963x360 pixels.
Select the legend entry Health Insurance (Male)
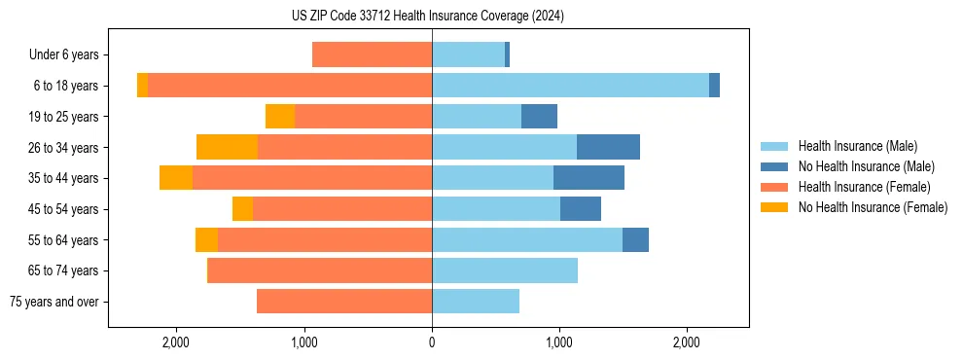(x=857, y=146)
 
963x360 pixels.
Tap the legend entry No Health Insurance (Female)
(x=873, y=207)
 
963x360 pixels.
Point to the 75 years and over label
(x=53, y=302)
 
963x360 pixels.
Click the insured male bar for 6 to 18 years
(x=570, y=86)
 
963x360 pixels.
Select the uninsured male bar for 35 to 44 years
(x=588, y=178)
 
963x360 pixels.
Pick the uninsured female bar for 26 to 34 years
(x=227, y=147)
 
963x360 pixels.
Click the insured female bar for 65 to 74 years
(x=320, y=270)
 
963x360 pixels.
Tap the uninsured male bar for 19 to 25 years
(x=539, y=117)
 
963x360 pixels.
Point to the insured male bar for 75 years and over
(x=476, y=302)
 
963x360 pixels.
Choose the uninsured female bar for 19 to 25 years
(x=280, y=117)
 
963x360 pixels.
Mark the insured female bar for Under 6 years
(x=372, y=55)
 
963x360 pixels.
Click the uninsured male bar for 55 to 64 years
(x=635, y=239)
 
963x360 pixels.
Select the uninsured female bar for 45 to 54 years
(x=242, y=209)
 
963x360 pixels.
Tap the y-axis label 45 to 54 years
(x=63, y=209)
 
